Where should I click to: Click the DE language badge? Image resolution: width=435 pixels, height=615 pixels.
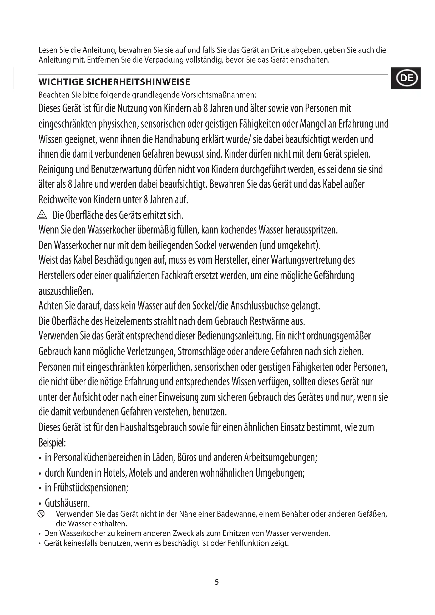point(406,78)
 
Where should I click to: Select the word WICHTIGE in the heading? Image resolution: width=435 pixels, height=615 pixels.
point(60,82)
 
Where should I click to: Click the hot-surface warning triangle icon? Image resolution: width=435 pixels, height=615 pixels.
point(42,215)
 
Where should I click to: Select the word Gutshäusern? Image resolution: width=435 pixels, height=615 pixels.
point(67,503)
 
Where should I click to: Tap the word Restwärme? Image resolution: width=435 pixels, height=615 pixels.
point(269,321)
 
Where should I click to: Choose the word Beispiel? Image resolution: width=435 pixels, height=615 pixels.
point(52,443)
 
